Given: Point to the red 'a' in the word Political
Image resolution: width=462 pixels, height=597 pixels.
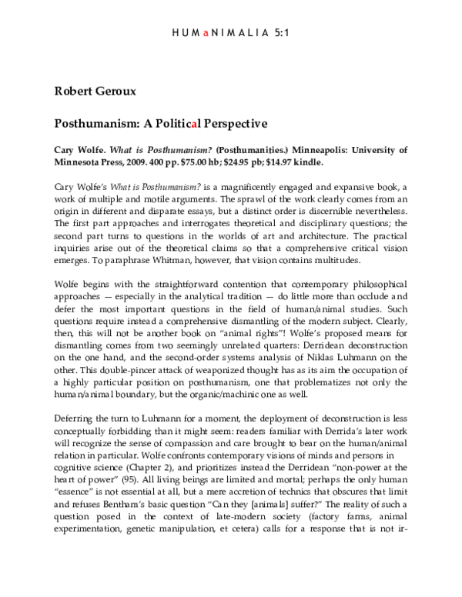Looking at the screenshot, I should point(178,122).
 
